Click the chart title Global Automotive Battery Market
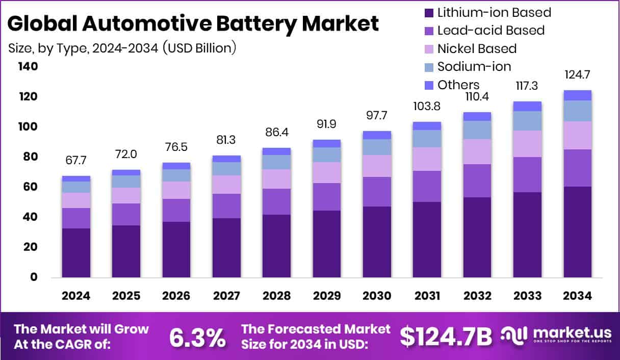point(194,24)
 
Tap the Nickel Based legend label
point(477,48)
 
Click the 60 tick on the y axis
point(31,187)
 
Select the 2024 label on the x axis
point(76,296)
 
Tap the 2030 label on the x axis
point(377,296)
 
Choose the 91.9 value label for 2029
point(326,125)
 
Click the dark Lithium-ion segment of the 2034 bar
point(577,232)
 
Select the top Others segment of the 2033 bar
point(527,106)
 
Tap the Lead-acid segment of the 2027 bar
point(226,206)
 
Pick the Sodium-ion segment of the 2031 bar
point(427,139)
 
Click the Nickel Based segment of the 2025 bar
point(126,195)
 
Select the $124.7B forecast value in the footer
point(446,337)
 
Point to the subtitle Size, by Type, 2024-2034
point(122,48)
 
